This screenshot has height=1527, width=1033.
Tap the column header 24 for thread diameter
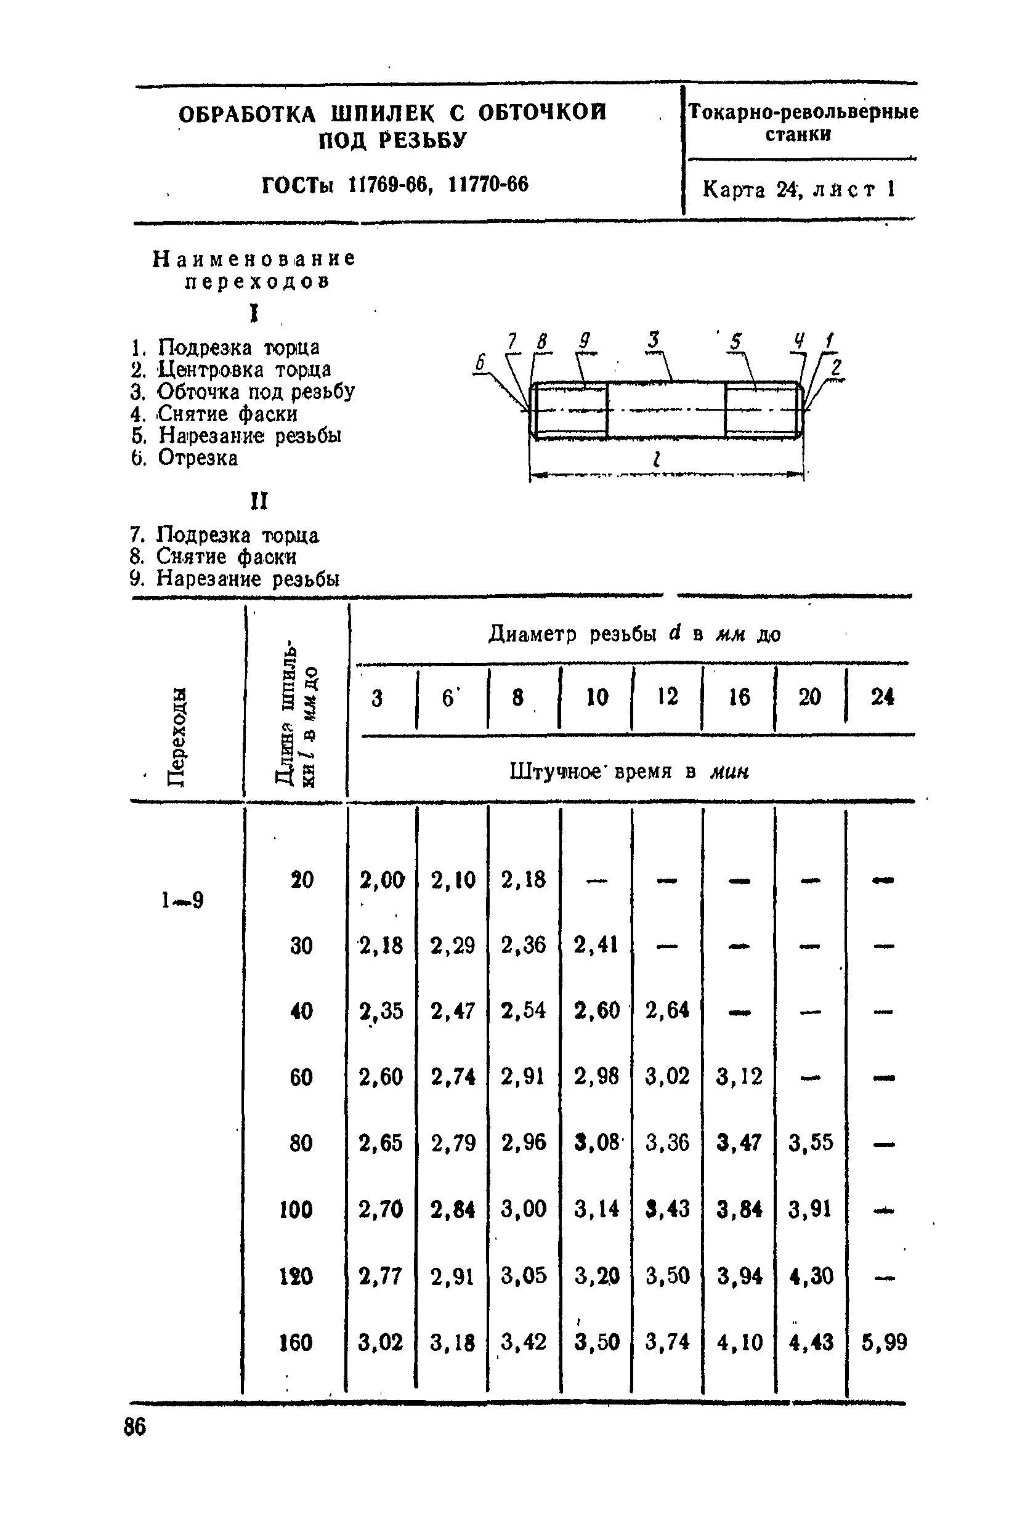point(882,696)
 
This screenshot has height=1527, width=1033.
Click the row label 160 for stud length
point(296,1342)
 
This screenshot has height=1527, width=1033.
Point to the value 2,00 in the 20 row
point(382,879)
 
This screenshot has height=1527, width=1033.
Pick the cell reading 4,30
point(811,1276)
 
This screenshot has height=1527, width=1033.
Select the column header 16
point(739,696)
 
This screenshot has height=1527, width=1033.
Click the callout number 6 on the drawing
point(480,362)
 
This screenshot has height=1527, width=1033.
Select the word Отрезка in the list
point(198,458)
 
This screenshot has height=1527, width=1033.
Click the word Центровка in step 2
point(210,370)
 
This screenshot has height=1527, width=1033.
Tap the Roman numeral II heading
point(259,502)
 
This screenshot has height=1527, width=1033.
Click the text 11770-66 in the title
point(488,185)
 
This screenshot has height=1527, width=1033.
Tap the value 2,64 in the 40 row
point(667,1010)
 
